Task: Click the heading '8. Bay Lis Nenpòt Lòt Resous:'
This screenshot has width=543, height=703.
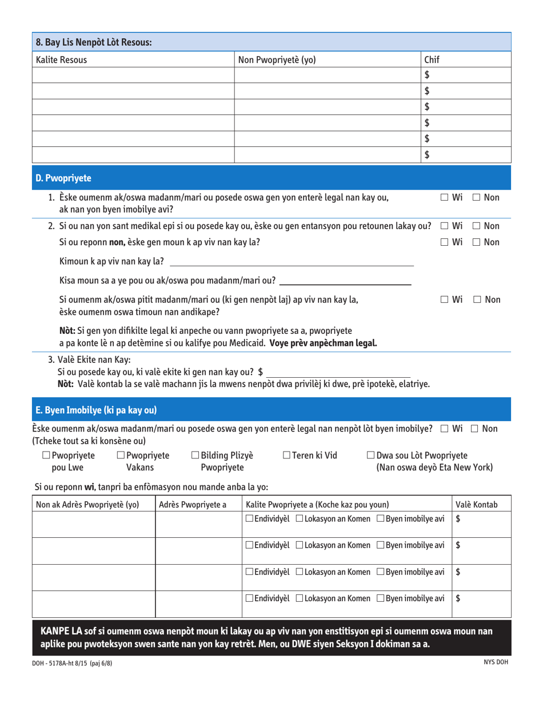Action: click(93, 42)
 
